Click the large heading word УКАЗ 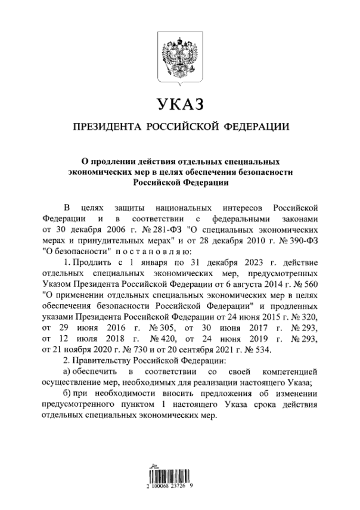coord(179,104)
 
